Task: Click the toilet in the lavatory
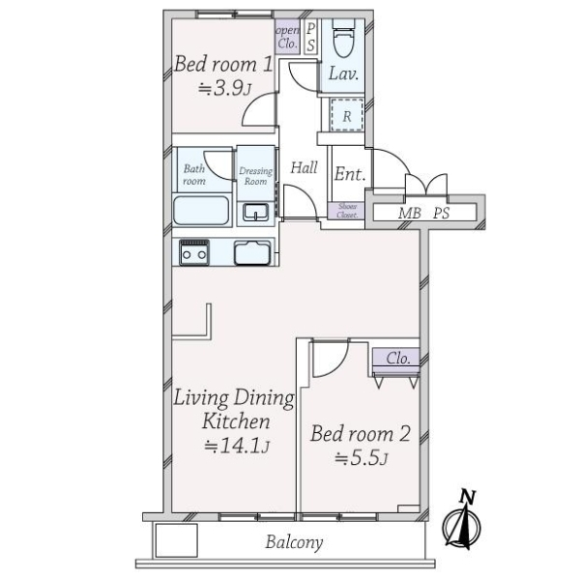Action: pos(343,38)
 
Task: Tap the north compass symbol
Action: pos(462,519)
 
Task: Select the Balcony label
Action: pos(294,542)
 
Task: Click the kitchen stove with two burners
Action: pos(194,252)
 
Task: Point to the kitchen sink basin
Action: pos(252,252)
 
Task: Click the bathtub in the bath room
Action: pos(201,211)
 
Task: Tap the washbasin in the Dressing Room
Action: pos(255,213)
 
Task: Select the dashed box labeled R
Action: pos(347,115)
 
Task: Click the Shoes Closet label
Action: pos(347,211)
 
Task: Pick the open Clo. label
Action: pos(287,37)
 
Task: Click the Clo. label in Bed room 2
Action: pos(397,358)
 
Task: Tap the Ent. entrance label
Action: pos(350,173)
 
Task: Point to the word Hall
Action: pos(304,167)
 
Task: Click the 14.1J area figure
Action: pos(237,447)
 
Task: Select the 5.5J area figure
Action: pos(361,458)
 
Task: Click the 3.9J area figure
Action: pos(224,88)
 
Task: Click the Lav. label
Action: pos(343,74)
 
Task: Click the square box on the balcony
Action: pos(176,540)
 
